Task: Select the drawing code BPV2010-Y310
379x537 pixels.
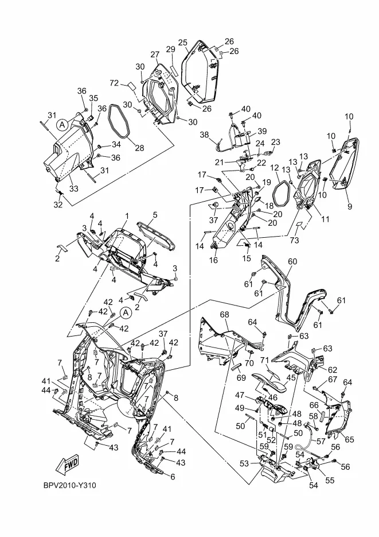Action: point(70,485)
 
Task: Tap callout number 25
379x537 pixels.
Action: point(183,43)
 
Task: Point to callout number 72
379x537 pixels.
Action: point(114,83)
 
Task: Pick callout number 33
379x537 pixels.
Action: point(74,188)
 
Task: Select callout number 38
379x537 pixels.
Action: point(204,134)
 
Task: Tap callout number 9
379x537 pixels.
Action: point(349,207)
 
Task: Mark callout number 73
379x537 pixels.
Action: point(294,240)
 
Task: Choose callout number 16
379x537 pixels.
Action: point(213,260)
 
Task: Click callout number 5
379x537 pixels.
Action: point(155,215)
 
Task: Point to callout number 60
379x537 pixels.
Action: point(292,262)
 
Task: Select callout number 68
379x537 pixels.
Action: point(225,314)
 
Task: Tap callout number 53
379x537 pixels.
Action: point(244,463)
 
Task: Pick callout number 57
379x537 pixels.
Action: point(321,441)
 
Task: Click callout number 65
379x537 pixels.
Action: point(349,439)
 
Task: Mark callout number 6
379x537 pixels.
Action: point(173,476)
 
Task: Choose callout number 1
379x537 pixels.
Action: point(127,216)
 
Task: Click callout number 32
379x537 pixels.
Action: point(58,204)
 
